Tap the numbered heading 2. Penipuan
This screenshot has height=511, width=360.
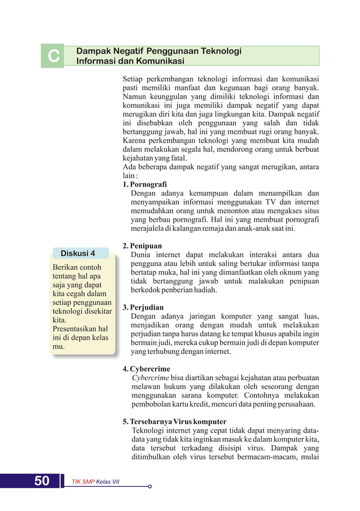tap(142, 246)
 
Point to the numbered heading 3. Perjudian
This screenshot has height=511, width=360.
tap(143, 308)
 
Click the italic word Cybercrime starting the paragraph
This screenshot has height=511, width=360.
tap(150, 378)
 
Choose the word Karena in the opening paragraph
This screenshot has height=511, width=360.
tap(136, 140)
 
